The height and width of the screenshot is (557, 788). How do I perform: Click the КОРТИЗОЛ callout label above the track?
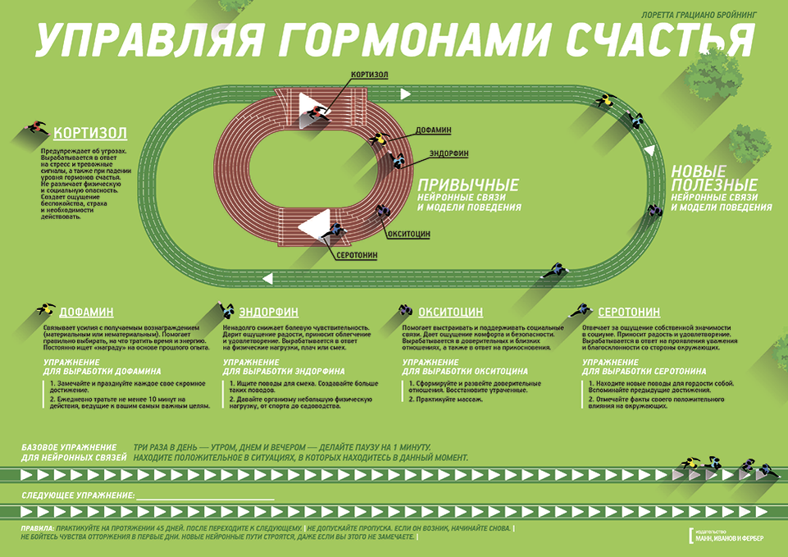(369, 75)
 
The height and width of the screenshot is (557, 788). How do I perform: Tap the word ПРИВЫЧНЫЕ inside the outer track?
(468, 184)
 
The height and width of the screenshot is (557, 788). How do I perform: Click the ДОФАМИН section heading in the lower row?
(86, 313)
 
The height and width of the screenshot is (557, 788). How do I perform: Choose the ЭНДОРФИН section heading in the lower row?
(268, 313)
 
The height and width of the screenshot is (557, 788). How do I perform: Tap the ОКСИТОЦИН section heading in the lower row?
(450, 313)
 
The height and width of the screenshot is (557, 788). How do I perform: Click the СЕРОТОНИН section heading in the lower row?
(629, 313)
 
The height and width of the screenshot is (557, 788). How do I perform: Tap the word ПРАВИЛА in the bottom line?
(38, 528)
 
